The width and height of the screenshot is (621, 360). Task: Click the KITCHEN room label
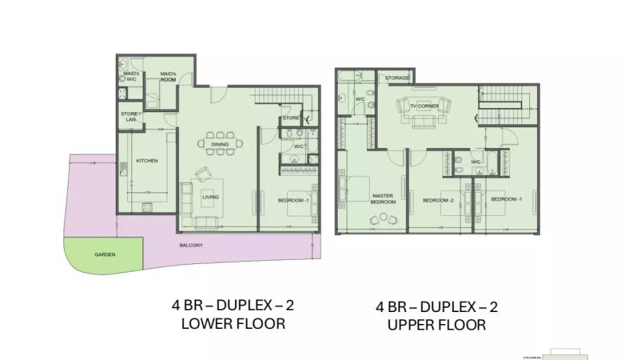(x=146, y=161)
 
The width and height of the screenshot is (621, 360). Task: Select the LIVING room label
(x=210, y=197)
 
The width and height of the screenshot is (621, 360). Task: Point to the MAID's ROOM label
(x=167, y=76)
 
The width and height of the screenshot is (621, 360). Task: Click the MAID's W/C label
(x=131, y=76)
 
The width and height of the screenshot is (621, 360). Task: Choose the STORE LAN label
(x=130, y=116)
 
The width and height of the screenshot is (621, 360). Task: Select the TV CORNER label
(x=424, y=106)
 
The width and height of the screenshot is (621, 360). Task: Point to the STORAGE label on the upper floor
(x=397, y=78)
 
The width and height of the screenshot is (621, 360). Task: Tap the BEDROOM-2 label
(x=438, y=200)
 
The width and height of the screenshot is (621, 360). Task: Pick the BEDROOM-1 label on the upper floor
(x=505, y=199)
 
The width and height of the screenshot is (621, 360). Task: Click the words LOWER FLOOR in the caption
(x=233, y=324)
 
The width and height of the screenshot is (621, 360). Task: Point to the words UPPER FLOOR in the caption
(x=436, y=325)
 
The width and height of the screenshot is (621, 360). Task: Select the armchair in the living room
(x=203, y=174)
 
